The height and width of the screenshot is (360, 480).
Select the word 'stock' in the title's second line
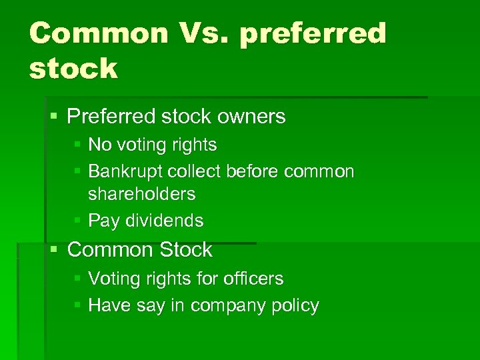73,68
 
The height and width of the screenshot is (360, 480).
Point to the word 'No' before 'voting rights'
100,145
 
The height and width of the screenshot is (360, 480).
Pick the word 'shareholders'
142,194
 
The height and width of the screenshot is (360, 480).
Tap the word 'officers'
253,278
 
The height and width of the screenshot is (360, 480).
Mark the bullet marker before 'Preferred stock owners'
55,117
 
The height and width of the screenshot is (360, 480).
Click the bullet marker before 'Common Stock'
55,250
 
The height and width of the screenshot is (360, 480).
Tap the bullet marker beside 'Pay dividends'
78,221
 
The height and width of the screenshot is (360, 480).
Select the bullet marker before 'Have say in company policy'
78,305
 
